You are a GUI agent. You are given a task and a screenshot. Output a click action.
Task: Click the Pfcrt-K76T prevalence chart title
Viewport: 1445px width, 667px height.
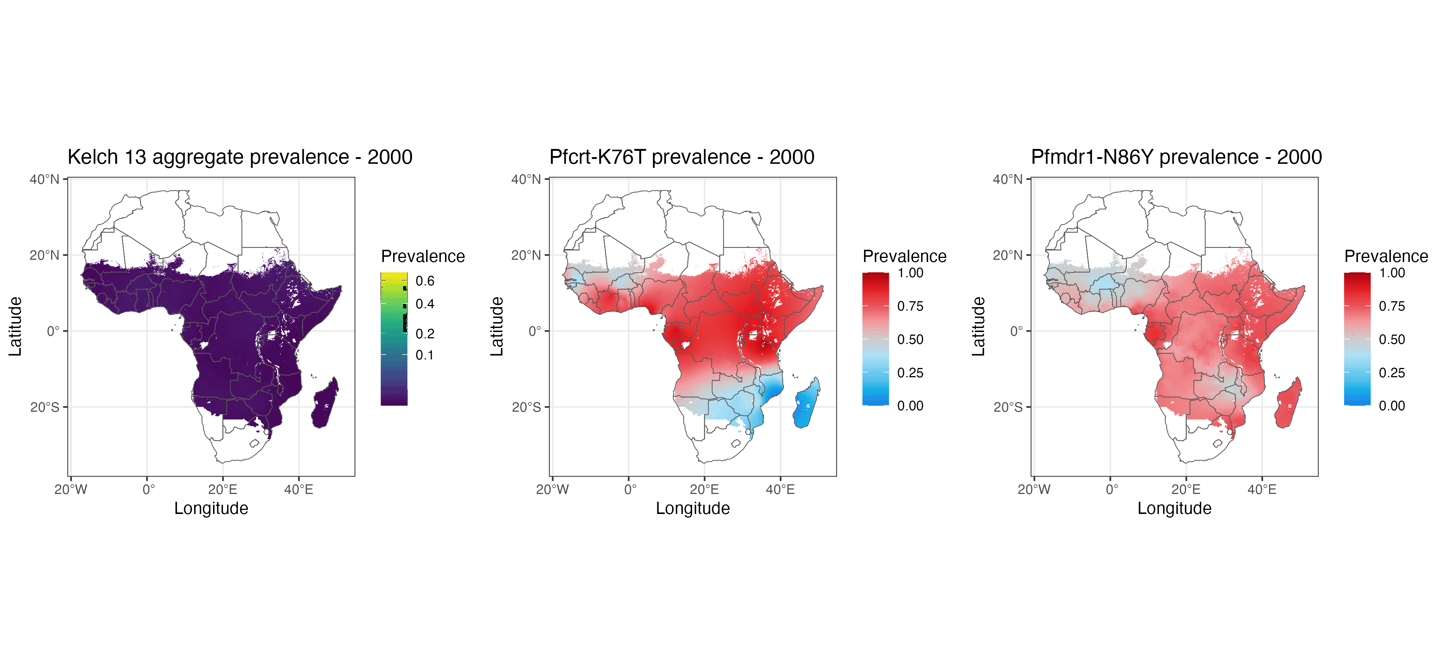681,157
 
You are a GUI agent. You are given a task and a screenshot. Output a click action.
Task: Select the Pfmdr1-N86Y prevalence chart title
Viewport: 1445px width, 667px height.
1176,157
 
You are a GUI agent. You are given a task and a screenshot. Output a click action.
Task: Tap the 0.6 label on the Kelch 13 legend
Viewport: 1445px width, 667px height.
425,281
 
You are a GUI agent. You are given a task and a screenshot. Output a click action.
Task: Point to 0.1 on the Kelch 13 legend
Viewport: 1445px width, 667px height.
425,355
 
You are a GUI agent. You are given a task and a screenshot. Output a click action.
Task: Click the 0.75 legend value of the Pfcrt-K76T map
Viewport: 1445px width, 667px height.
910,306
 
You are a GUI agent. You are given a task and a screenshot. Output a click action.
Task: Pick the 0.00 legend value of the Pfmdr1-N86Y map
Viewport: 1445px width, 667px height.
1392,406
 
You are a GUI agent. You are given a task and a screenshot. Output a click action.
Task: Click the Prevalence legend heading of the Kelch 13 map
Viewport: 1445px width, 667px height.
423,256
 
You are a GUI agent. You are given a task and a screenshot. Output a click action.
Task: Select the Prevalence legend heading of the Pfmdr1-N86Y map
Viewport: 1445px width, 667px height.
1386,256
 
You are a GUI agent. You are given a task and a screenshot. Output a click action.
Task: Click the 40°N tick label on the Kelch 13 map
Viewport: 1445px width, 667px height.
44,179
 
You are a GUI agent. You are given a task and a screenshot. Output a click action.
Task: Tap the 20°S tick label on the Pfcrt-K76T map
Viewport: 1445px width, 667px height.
526,407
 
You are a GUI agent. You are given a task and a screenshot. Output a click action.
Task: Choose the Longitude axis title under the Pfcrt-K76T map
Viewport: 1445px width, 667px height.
693,508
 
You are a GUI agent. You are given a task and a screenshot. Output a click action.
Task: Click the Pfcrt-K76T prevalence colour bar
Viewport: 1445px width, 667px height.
876,339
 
